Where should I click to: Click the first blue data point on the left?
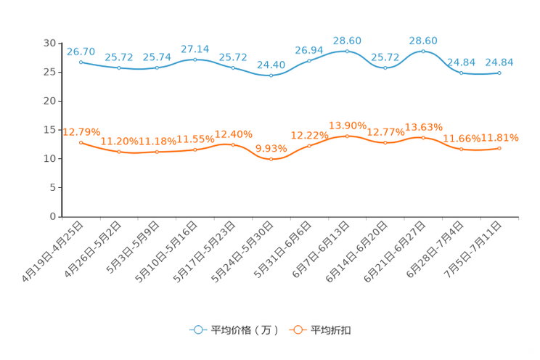coord(81,62)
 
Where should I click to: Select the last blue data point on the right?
coord(499,73)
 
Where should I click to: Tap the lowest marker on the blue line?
coord(271,75)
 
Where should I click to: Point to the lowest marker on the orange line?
coord(271,159)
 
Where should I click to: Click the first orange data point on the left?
coord(81,142)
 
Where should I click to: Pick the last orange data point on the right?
coord(499,148)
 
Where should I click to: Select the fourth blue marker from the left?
coord(195,60)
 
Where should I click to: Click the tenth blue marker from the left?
coord(423,51)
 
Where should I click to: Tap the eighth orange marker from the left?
coord(347,136)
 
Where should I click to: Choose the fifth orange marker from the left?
coord(233,144)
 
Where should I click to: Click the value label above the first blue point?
coord(81,51)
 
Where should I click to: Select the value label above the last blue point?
coord(499,62)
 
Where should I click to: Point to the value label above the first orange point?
coord(81,131)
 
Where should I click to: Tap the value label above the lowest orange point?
coord(271,148)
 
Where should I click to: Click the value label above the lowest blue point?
coord(271,64)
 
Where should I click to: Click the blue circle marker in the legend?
coord(197,330)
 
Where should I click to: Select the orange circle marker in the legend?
coord(297,330)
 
